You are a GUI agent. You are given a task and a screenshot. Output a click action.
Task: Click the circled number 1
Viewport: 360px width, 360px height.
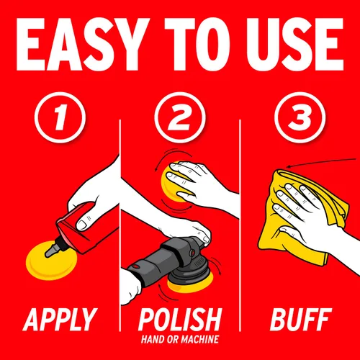(x=60, y=117)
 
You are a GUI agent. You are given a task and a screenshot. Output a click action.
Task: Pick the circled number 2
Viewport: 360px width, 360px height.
(x=180, y=117)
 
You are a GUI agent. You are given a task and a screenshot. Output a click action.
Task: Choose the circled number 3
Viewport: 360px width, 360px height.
(x=300, y=117)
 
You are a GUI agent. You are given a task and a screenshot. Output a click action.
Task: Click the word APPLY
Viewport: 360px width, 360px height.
(x=60, y=320)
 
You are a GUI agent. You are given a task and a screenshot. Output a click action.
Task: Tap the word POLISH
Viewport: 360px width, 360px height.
(x=180, y=320)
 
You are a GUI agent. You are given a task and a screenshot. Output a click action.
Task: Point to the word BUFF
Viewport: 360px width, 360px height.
(x=301, y=320)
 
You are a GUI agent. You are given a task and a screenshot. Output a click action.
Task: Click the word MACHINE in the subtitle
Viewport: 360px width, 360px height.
(x=199, y=339)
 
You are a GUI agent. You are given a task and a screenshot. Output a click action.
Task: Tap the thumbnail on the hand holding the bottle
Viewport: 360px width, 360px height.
(x=81, y=225)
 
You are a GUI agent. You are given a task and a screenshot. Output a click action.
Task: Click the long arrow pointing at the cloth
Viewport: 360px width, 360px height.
(x=322, y=163)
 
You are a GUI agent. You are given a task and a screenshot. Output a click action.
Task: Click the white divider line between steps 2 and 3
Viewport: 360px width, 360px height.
(x=240, y=225)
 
